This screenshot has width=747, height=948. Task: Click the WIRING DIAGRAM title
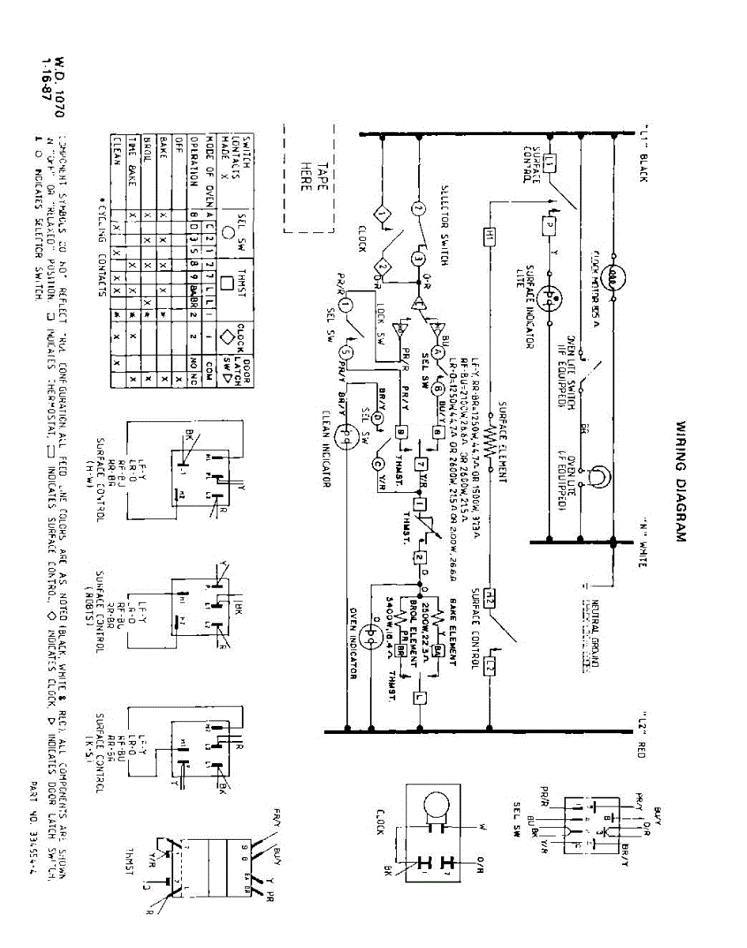(x=681, y=481)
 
